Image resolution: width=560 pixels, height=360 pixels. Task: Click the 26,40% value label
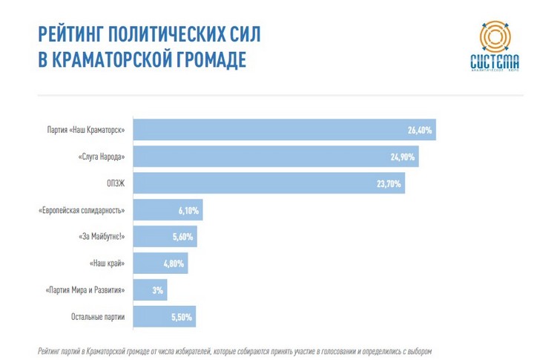(x=420, y=130)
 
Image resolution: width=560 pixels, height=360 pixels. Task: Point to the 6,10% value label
(x=188, y=210)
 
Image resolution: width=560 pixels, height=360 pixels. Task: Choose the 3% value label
(x=157, y=290)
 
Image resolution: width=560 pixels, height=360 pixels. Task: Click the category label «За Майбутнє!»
(x=101, y=237)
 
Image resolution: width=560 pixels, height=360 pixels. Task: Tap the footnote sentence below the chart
(x=234, y=350)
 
